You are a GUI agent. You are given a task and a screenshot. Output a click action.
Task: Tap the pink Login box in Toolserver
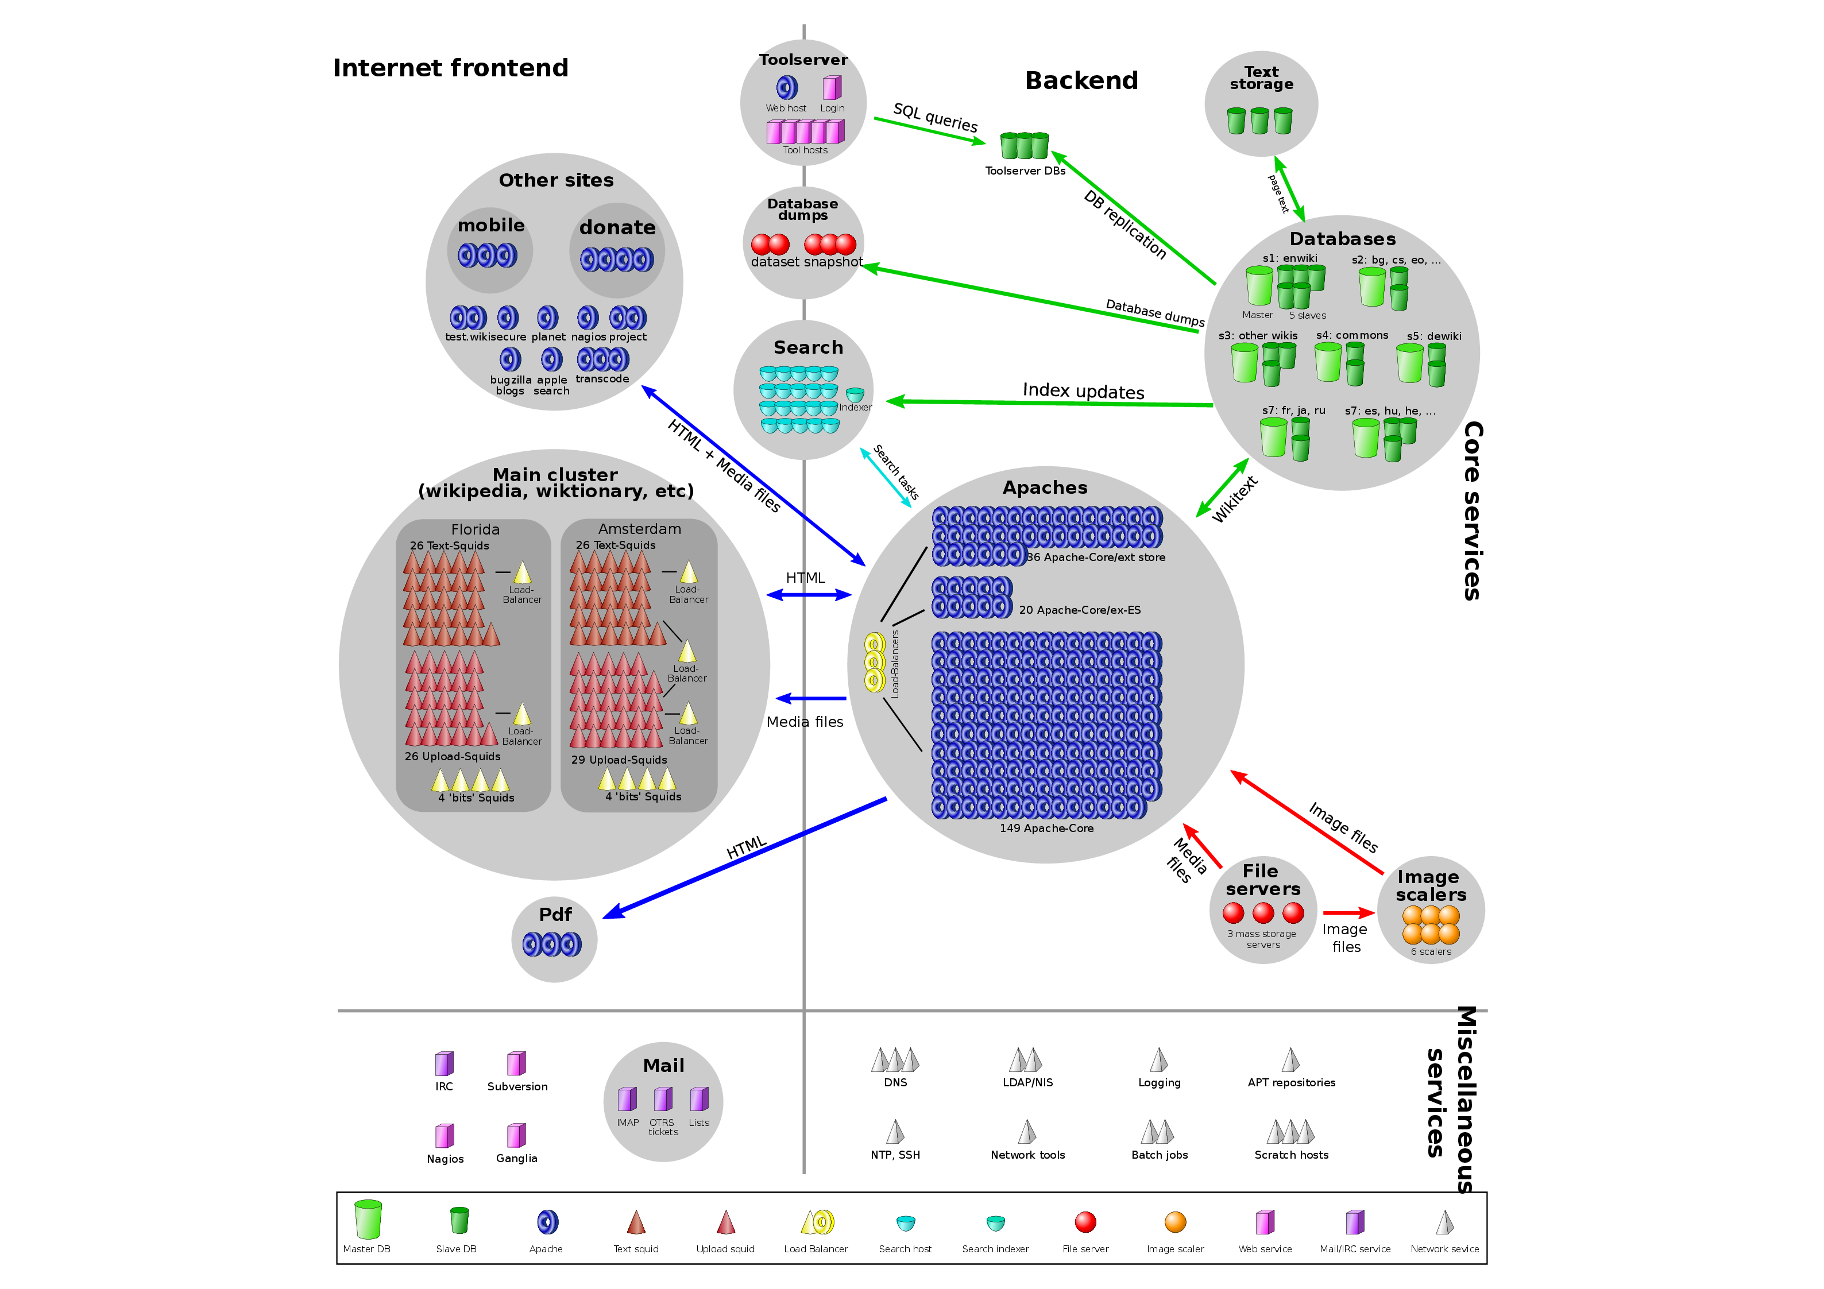tap(832, 87)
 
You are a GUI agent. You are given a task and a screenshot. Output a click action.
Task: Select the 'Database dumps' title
tap(802, 209)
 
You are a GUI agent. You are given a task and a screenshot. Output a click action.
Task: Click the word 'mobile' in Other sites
tap(491, 226)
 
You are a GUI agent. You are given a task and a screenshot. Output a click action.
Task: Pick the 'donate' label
tap(617, 228)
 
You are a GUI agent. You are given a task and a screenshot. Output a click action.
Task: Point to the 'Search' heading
tap(808, 348)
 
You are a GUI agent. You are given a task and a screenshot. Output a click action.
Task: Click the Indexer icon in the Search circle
tap(855, 394)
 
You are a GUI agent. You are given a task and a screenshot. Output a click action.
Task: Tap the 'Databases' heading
tap(1342, 239)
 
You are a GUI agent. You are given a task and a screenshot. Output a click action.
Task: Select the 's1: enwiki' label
tap(1289, 258)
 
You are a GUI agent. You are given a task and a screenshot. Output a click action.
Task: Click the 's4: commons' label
tap(1352, 335)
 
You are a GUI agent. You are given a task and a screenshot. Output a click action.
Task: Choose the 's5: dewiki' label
tap(1434, 336)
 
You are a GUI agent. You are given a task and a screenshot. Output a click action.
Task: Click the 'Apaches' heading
tap(1045, 487)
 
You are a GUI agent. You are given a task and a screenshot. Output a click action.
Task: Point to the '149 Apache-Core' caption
tap(1046, 829)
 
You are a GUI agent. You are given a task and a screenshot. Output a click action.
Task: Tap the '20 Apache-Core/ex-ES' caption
tap(1080, 610)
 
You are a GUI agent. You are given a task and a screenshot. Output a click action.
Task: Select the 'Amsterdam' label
tap(640, 529)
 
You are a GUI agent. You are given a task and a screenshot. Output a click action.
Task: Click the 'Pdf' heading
tap(555, 915)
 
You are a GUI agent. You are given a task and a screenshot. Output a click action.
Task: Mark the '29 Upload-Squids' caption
tap(619, 760)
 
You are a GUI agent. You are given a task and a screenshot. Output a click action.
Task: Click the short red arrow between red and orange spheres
tap(1348, 913)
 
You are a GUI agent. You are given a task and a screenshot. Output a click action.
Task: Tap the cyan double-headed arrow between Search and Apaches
tap(886, 478)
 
